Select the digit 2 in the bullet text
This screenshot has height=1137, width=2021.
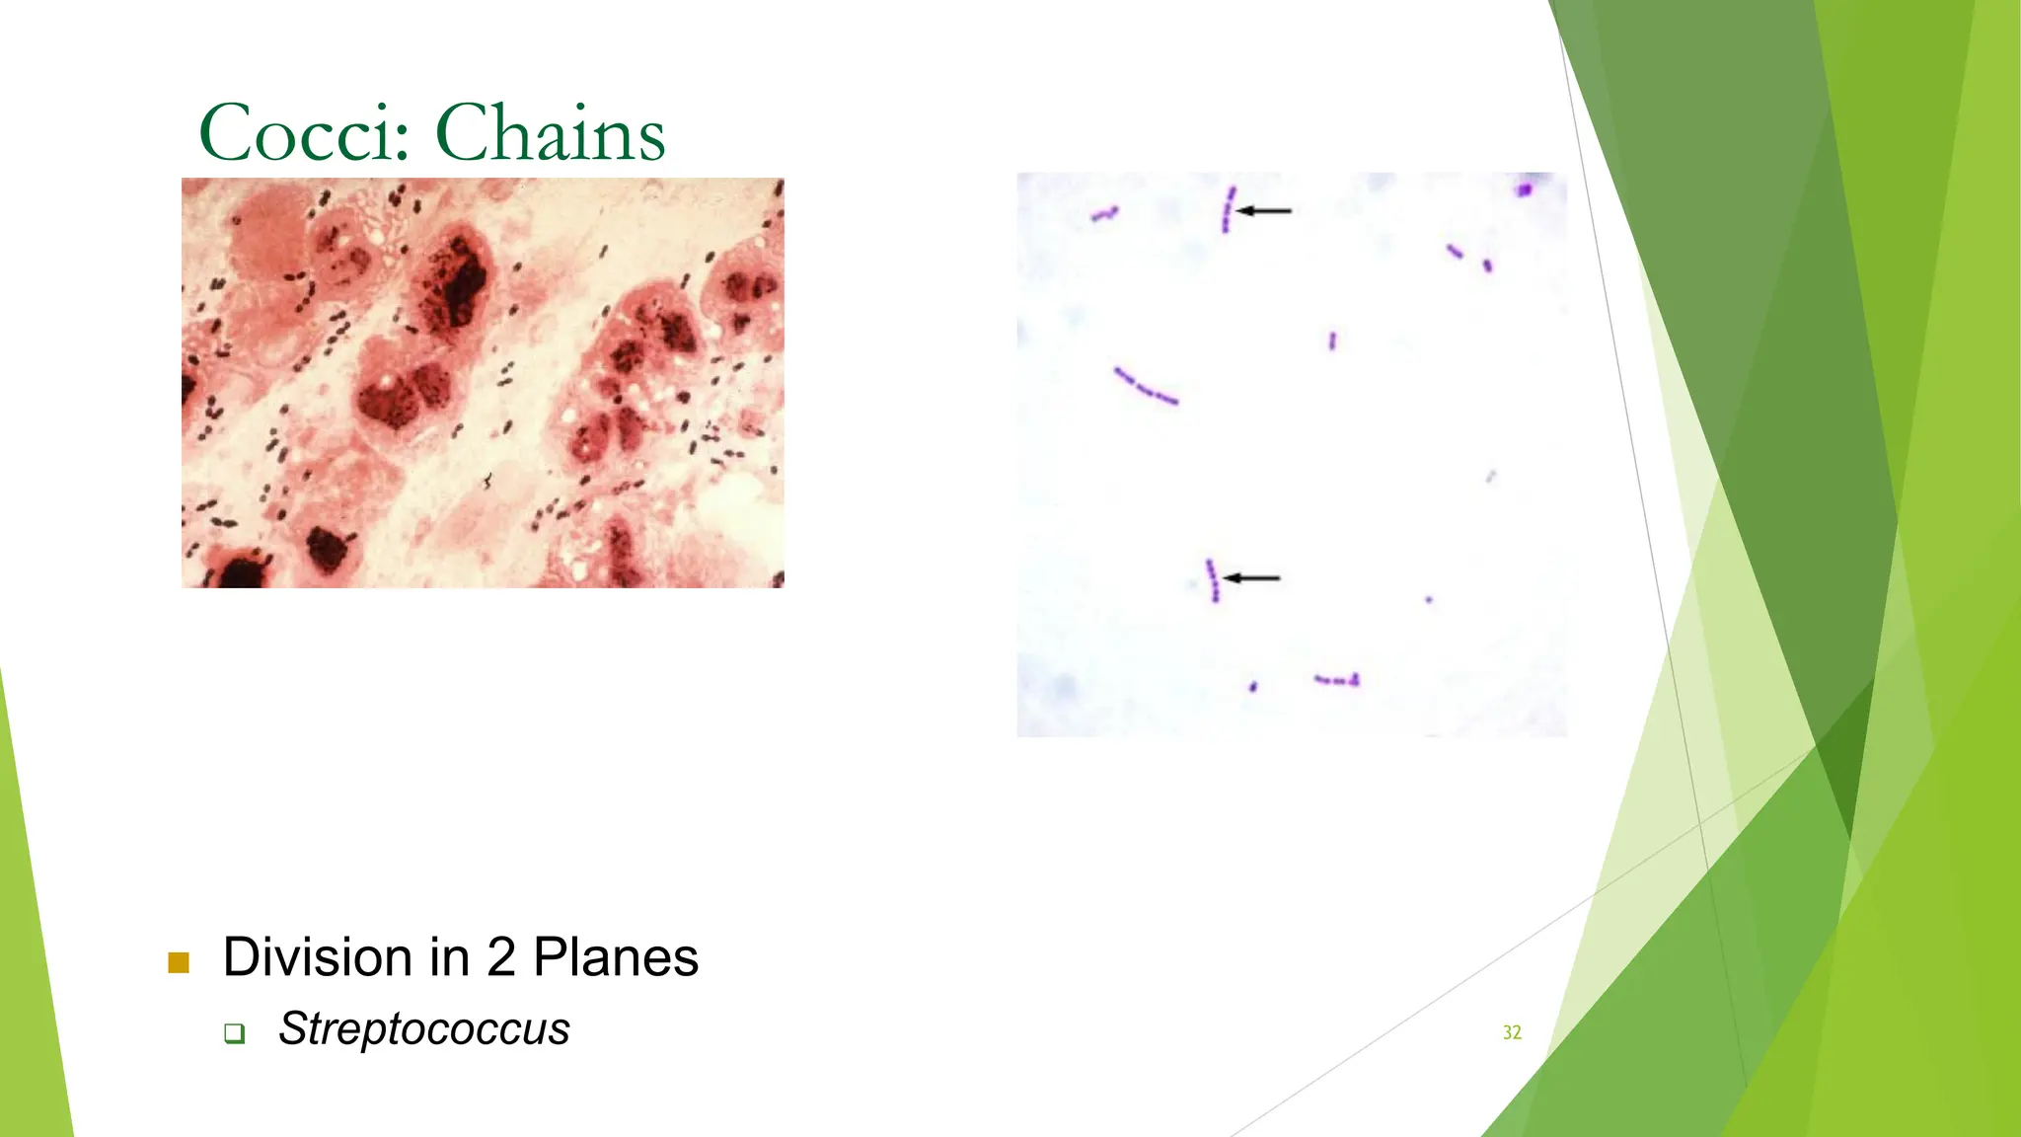[x=501, y=957]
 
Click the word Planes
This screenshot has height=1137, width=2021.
[x=616, y=957]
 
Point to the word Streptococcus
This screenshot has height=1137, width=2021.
[x=424, y=1029]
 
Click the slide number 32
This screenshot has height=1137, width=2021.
[x=1512, y=1032]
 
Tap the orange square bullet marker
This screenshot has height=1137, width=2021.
[x=179, y=962]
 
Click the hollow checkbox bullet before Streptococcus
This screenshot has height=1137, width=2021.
[x=234, y=1033]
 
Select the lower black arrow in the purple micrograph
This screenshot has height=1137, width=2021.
[x=1252, y=577]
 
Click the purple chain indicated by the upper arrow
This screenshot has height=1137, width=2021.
[x=1228, y=210]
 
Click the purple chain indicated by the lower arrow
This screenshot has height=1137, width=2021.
[x=1213, y=580]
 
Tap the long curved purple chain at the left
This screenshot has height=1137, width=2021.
[x=1146, y=387]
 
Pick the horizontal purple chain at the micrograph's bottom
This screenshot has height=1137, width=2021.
[x=1337, y=680]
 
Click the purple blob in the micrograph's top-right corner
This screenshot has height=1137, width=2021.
[x=1525, y=189]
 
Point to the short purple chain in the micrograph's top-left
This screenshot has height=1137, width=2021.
[x=1104, y=213]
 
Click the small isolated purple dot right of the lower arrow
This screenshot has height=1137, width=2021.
[x=1429, y=599]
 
